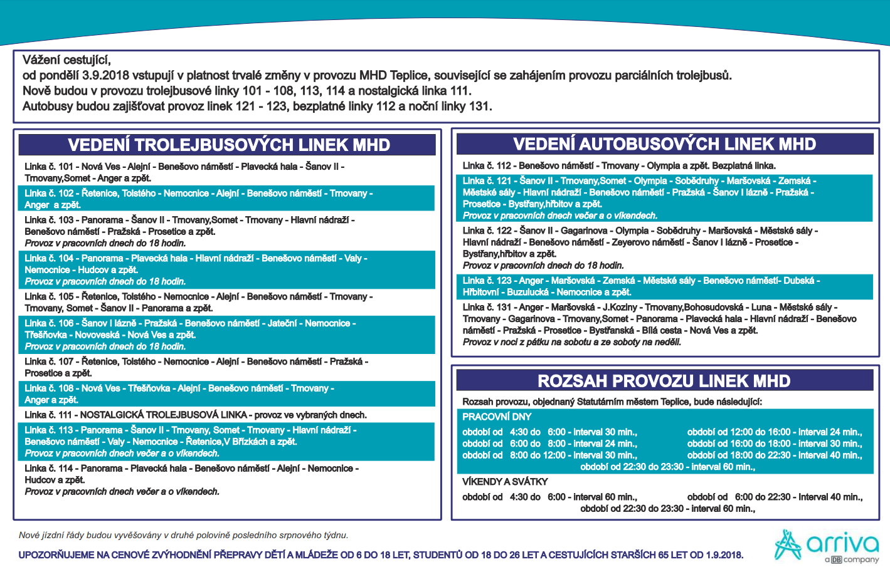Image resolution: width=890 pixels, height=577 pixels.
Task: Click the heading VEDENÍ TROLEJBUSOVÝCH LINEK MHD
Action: [229, 145]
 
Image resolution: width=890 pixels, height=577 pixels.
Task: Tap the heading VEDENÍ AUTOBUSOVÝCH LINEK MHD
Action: [664, 144]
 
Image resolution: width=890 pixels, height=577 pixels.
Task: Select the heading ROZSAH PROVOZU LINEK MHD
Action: [664, 381]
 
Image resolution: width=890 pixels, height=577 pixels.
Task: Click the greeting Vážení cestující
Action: [66, 60]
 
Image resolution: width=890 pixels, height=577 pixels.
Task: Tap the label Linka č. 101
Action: [49, 167]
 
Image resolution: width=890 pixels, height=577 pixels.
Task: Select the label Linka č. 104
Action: [49, 258]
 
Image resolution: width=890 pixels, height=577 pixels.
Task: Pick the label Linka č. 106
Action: [49, 323]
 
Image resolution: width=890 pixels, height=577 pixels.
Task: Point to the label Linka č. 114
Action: [49, 469]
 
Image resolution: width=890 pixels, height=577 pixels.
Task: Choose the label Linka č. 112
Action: [487, 166]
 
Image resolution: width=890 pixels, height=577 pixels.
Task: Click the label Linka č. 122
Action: [487, 231]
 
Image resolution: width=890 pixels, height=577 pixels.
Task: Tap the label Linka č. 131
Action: [487, 307]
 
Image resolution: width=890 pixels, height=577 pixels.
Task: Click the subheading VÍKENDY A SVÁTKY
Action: [505, 482]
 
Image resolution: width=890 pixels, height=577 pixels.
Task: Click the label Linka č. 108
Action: [49, 388]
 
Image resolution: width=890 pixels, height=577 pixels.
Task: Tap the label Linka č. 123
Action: [487, 281]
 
